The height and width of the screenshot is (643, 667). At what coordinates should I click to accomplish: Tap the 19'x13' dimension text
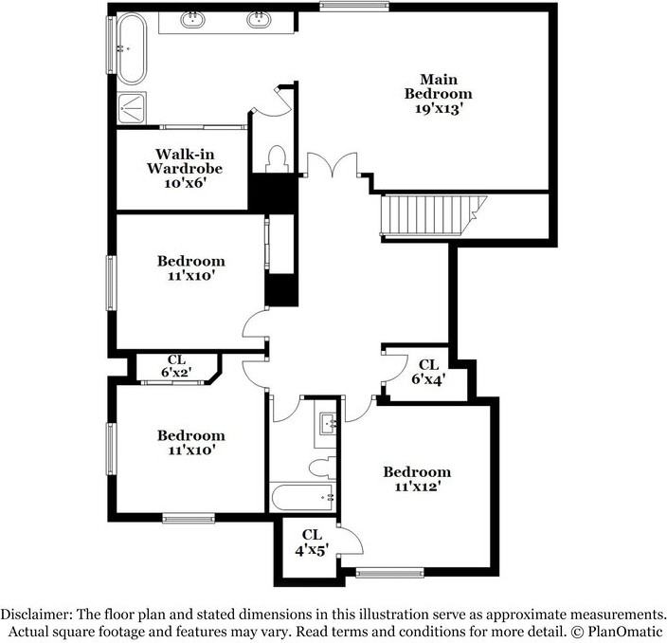point(438,108)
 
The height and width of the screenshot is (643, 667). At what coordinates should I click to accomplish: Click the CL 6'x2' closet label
point(176,366)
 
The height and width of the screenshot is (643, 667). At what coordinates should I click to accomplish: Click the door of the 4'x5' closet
point(351,541)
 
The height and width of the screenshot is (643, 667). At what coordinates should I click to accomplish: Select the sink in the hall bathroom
point(327,423)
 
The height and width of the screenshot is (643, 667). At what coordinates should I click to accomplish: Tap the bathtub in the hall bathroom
point(300,496)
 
